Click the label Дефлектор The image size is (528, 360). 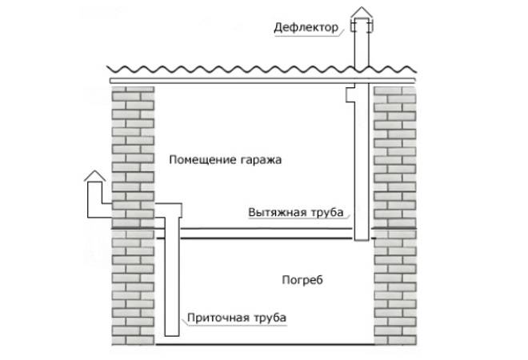(306, 27)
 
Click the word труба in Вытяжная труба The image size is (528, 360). (327, 213)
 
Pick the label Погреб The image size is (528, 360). (302, 279)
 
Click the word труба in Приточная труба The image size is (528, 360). (270, 318)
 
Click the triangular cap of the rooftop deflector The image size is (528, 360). (362, 13)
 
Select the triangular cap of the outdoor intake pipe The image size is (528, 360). (94, 176)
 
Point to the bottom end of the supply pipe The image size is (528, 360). (172, 335)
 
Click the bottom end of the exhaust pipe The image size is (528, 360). (362, 240)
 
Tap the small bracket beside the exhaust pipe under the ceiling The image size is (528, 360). (350, 94)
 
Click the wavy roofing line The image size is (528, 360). (262, 70)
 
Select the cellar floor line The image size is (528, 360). (265, 344)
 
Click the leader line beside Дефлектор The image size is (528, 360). (341, 33)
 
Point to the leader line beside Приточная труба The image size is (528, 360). (184, 321)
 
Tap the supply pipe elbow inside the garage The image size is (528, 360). (168, 210)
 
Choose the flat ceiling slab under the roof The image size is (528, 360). (262, 81)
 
